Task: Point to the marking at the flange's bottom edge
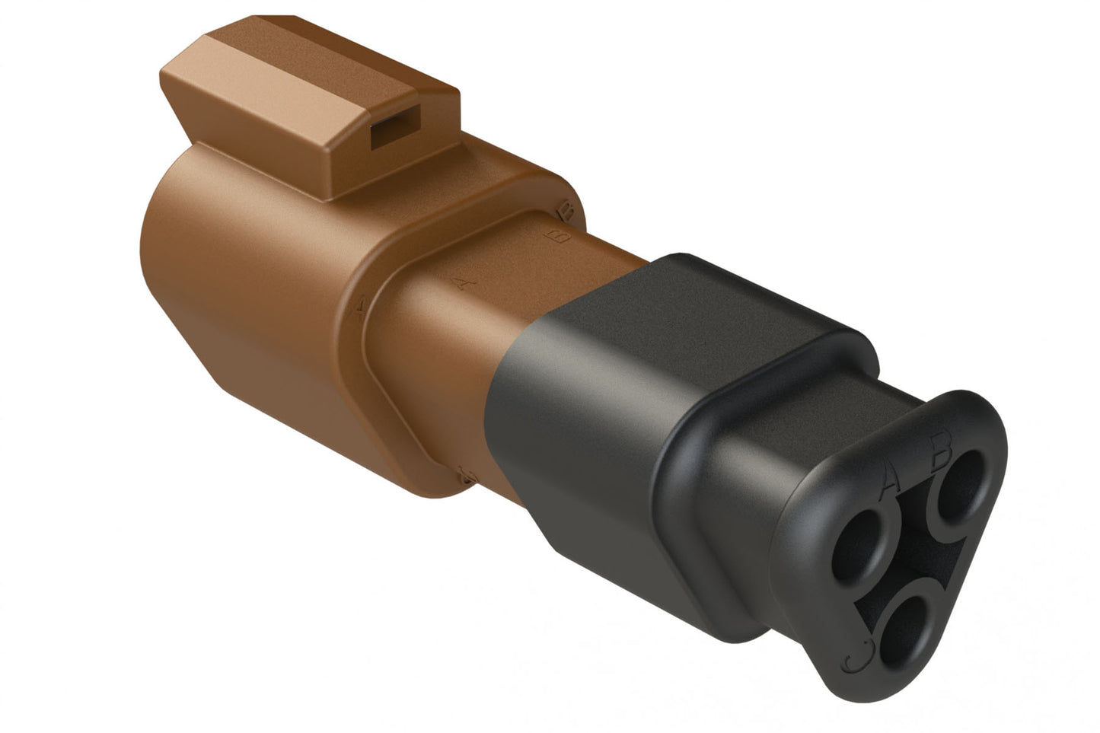(467, 476)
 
